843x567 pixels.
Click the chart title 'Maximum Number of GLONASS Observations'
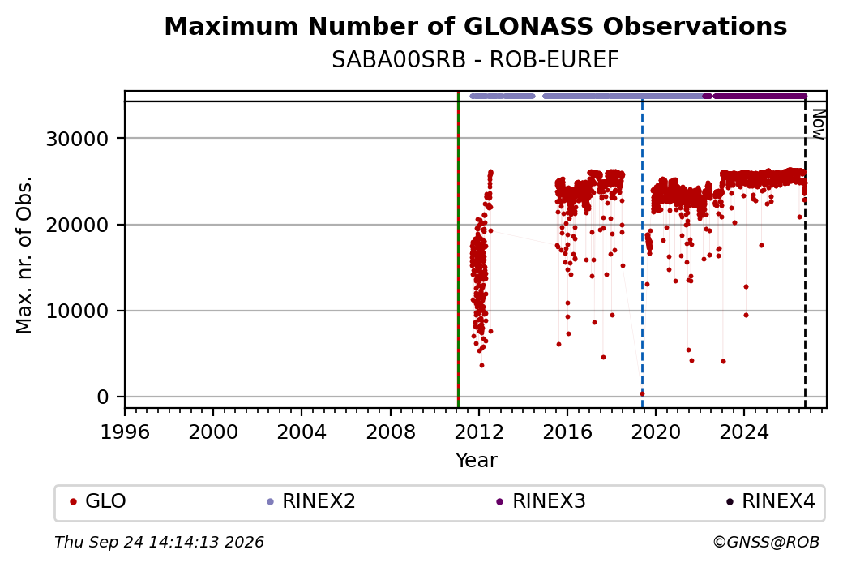475,26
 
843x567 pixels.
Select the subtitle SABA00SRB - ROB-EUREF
475,59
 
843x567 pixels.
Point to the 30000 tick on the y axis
78,139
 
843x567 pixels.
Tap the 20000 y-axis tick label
78,225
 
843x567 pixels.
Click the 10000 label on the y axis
78,311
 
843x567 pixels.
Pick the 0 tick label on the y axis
103,397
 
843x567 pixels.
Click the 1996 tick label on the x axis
125,432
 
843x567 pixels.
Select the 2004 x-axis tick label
302,432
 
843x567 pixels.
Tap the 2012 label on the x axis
478,432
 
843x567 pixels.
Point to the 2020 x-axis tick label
656,432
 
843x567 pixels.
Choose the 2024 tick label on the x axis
744,432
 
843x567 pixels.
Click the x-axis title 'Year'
477,460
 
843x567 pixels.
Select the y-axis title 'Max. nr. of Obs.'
24,255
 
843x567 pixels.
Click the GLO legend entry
98,501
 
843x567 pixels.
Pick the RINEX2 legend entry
311,501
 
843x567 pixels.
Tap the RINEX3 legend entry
541,501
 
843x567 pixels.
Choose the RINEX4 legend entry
770,501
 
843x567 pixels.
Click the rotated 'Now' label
818,124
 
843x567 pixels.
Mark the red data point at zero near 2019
643,393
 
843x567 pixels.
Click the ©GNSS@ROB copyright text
766,542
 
